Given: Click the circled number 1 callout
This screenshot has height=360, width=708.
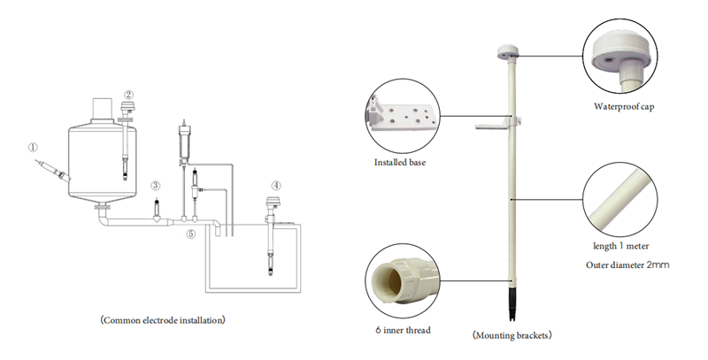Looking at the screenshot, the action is (x=33, y=147).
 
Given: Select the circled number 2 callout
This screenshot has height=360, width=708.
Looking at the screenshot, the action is (x=129, y=95).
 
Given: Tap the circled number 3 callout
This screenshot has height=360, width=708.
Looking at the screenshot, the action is (x=156, y=185).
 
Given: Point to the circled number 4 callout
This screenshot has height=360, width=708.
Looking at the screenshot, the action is (x=276, y=185).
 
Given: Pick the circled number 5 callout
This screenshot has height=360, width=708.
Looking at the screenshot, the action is (x=191, y=234).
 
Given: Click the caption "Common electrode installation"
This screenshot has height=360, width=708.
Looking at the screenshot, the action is (x=163, y=320).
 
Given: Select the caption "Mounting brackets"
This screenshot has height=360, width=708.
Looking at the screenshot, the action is (x=512, y=335).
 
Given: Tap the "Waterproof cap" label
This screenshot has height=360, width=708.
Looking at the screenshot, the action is (x=624, y=107).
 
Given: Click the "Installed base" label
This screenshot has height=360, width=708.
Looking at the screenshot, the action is (x=400, y=163).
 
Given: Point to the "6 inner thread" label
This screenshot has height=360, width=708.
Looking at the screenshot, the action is (x=403, y=330).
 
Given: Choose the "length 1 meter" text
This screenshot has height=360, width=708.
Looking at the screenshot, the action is (x=621, y=246).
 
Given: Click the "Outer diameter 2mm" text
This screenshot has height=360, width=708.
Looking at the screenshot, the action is (x=627, y=264).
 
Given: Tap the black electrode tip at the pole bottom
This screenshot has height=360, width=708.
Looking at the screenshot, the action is (x=512, y=303).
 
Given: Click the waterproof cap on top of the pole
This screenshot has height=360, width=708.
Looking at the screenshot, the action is (x=507, y=51).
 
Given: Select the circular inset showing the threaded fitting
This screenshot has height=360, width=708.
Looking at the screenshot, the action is (x=403, y=281).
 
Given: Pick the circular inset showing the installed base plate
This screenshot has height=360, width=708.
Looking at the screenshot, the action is (x=403, y=117).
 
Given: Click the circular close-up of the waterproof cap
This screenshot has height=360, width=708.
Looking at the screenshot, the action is (x=620, y=56).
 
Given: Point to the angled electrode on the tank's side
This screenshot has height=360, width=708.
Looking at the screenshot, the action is (x=53, y=171).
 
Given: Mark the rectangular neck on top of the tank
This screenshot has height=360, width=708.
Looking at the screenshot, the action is (x=102, y=109).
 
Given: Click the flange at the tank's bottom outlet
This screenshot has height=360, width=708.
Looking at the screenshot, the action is (x=102, y=207).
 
